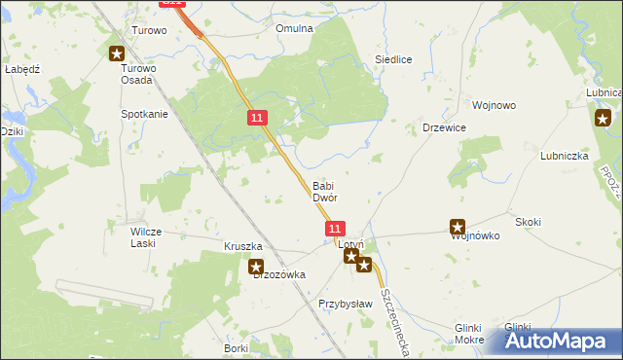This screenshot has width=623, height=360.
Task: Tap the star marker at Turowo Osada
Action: point(116,54)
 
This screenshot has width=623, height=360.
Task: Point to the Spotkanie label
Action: point(144,114)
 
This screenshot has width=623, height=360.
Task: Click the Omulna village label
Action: point(294,28)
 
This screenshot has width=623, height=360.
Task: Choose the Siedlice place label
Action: point(394,59)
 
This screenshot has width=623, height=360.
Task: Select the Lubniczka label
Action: point(564,155)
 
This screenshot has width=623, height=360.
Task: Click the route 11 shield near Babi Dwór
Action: point(334,228)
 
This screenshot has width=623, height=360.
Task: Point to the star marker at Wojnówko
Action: point(458,227)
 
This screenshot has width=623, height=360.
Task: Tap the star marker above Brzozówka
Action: point(255,266)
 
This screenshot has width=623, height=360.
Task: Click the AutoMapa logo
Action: point(555,341)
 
